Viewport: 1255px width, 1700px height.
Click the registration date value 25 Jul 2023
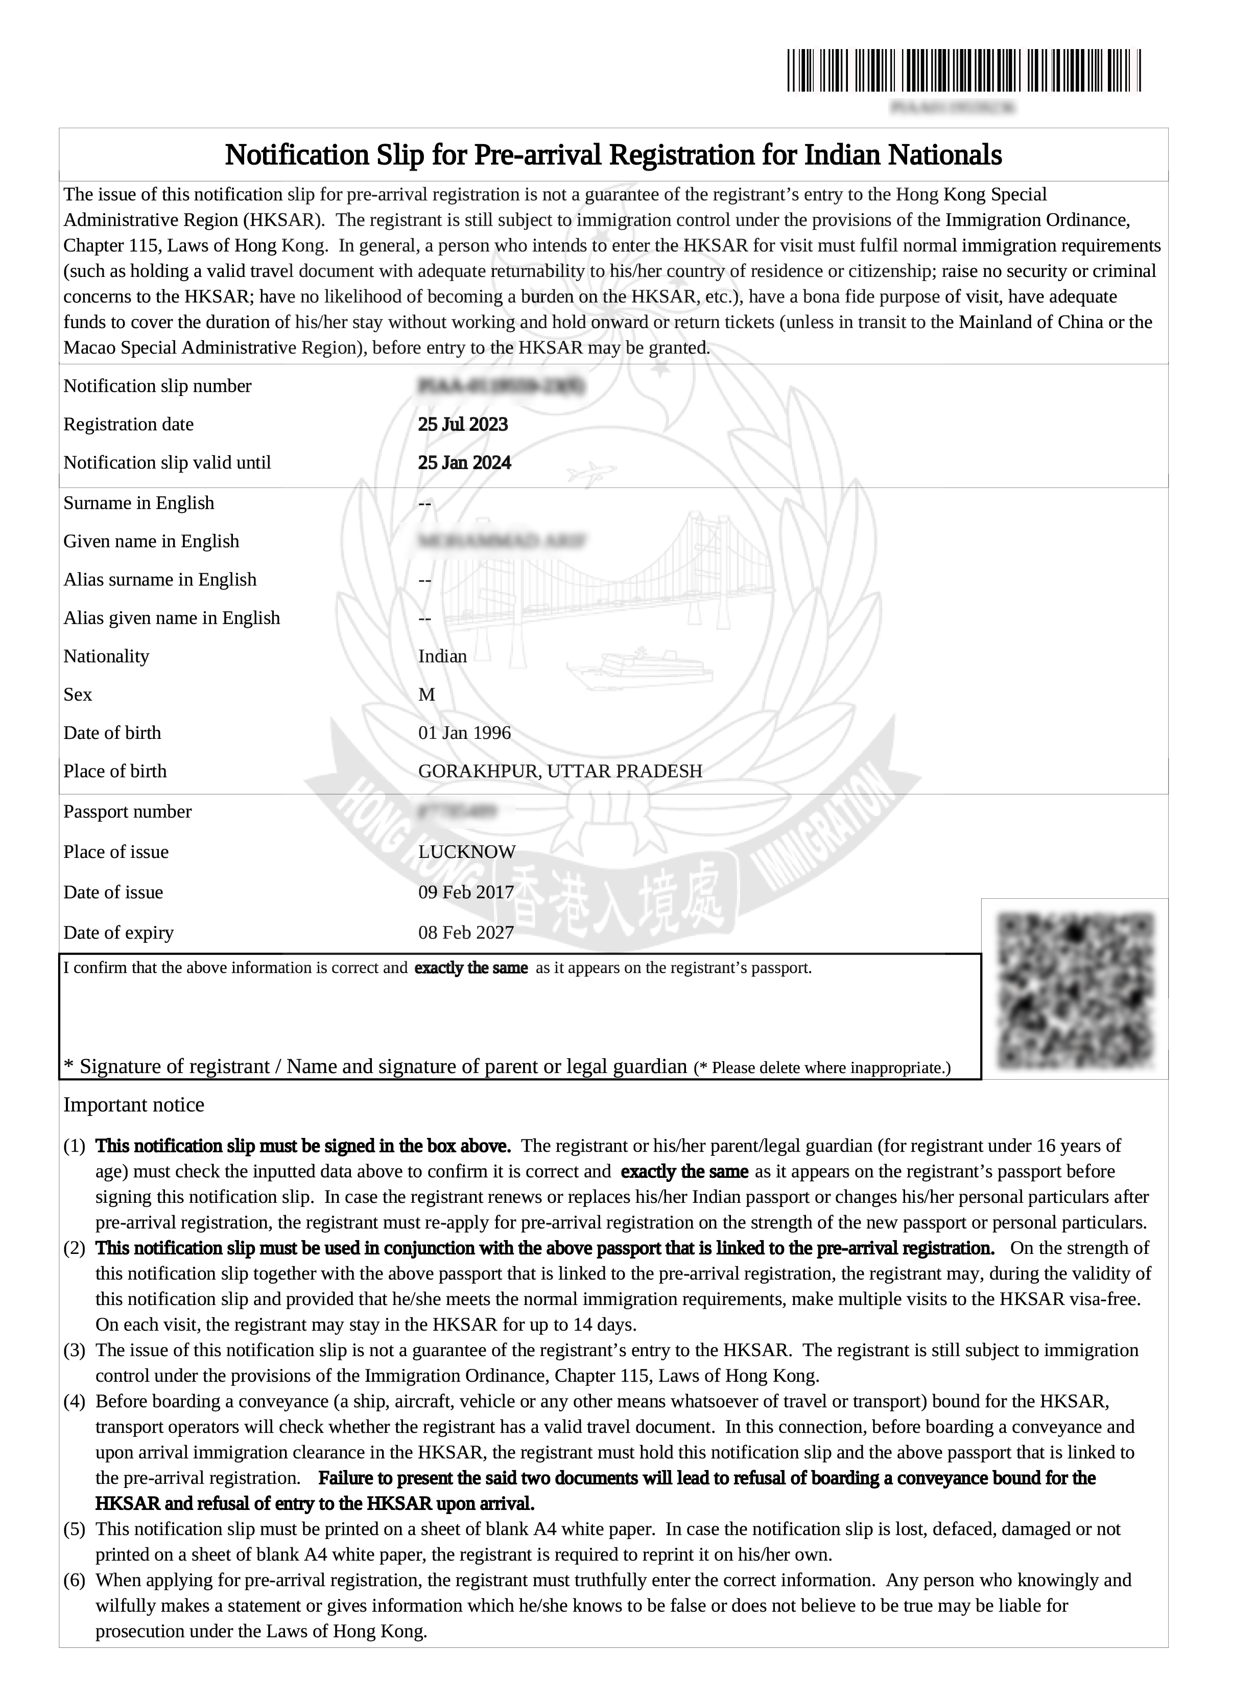tap(463, 424)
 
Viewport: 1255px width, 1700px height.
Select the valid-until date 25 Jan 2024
tap(464, 463)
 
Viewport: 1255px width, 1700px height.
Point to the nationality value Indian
tap(442, 656)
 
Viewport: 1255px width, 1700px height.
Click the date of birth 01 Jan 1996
tap(464, 733)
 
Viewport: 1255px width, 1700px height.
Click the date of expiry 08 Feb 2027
tap(466, 933)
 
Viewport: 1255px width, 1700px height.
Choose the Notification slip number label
tap(157, 386)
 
